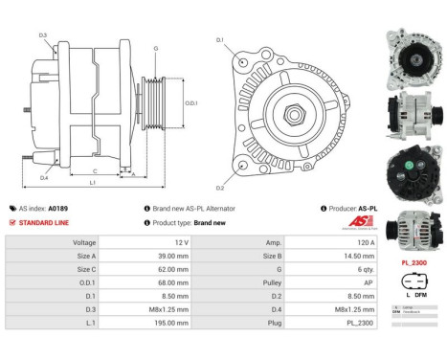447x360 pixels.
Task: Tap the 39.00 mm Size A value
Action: pos(168,257)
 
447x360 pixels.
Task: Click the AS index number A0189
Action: pos(59,208)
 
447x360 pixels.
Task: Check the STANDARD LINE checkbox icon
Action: pos(11,222)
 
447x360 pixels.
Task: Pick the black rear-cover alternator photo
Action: pos(413,169)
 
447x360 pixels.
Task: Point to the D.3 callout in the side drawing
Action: pos(43,35)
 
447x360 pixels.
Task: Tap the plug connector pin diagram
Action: pos(413,287)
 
